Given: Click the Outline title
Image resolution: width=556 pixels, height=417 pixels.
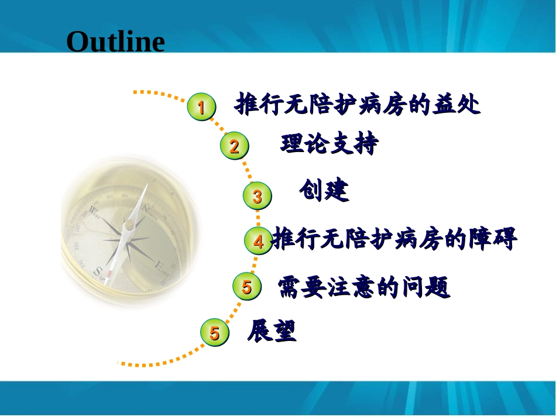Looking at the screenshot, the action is pos(116,42).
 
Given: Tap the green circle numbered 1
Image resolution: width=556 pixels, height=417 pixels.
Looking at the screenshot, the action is pos(201,106).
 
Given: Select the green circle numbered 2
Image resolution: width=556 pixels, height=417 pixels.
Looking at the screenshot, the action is pos(234,146).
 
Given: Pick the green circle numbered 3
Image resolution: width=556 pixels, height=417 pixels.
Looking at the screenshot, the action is pos(258,196).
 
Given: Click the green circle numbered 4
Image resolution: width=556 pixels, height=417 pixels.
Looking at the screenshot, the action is pos(259,240).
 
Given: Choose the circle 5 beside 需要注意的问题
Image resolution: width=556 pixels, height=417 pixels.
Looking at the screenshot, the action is pos(247,286).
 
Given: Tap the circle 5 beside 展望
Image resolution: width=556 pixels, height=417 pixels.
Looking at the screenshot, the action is pos(215,332).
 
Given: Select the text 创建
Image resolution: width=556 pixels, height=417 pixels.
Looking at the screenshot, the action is pos(324,190).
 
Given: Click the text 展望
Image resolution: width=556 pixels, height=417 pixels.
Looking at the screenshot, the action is pos(272,330).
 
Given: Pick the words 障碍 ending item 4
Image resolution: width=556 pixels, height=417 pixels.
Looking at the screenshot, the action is pos(493,239).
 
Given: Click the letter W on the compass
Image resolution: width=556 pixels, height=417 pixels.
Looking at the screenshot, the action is pos(94,209).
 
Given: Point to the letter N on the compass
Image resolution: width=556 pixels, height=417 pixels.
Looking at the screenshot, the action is pos(145,208).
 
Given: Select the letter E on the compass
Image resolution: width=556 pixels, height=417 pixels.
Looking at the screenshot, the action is pos(159,265).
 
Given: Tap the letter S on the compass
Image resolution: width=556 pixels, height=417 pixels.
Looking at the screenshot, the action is pos(97,271).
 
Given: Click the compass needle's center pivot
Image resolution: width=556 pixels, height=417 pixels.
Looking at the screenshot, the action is pos(129,224).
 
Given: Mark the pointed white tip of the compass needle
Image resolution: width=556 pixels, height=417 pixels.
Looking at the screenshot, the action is pos(146,184).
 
